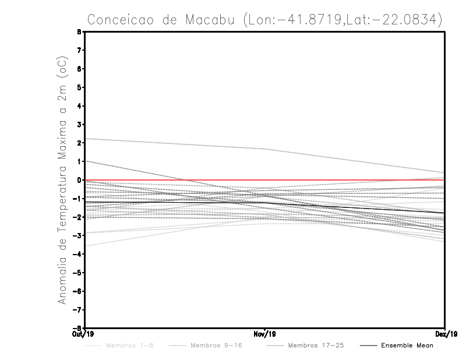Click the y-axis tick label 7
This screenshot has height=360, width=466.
coord(79,51)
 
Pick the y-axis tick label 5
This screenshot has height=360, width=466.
coord(79,87)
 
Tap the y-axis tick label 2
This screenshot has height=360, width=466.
coord(79,143)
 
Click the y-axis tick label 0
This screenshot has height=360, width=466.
coord(79,180)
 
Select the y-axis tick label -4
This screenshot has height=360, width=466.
coord(78,254)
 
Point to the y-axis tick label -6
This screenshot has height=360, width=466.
coord(78,291)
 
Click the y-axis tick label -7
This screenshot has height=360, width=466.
coord(78,309)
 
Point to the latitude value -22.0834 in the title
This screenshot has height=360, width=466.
coord(407,19)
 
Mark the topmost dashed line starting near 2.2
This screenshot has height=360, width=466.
coord(175,144)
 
